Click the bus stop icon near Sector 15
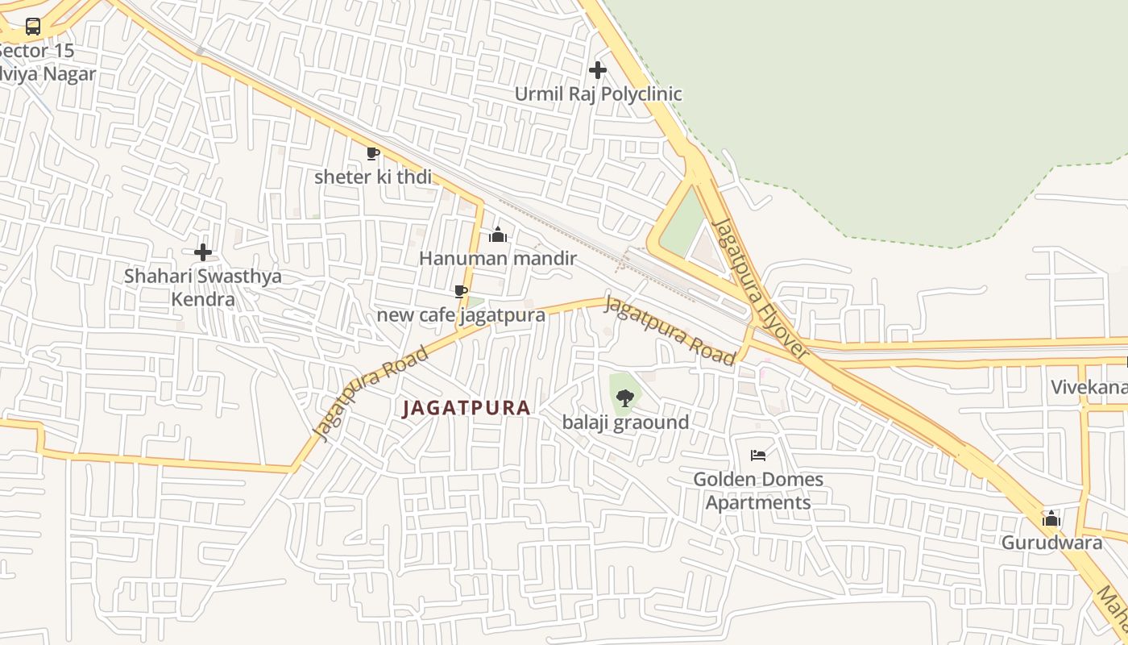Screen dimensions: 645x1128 pyautogui.click(x=33, y=26)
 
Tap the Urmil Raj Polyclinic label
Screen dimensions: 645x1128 pyautogui.click(x=598, y=94)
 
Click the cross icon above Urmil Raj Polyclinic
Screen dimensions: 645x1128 pyautogui.click(x=598, y=70)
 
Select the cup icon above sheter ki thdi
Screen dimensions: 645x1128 pyautogui.click(x=372, y=153)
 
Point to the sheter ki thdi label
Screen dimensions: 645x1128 pyautogui.click(x=372, y=177)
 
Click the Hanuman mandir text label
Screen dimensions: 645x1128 pyautogui.click(x=498, y=258)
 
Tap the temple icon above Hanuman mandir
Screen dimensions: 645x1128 pyautogui.click(x=498, y=235)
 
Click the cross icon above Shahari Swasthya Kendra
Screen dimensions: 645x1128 pyautogui.click(x=203, y=252)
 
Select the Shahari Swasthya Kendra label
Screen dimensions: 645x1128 pyautogui.click(x=203, y=288)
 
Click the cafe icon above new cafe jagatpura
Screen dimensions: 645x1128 pyautogui.click(x=461, y=291)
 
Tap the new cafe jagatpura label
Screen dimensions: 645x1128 pyautogui.click(x=461, y=314)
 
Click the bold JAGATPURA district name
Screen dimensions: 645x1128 pyautogui.click(x=467, y=408)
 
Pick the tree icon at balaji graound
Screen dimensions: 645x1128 pyautogui.click(x=624, y=397)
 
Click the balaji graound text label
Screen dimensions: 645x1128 pyautogui.click(x=625, y=422)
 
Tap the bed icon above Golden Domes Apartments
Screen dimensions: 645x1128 pyautogui.click(x=758, y=456)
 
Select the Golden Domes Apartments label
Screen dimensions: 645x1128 pyautogui.click(x=758, y=490)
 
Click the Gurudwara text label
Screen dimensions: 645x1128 pyautogui.click(x=1051, y=543)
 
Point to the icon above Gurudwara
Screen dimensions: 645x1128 pyautogui.click(x=1051, y=518)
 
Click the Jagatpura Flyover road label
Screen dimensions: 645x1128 pyautogui.click(x=761, y=288)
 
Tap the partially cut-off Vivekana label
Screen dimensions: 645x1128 pyautogui.click(x=1089, y=387)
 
